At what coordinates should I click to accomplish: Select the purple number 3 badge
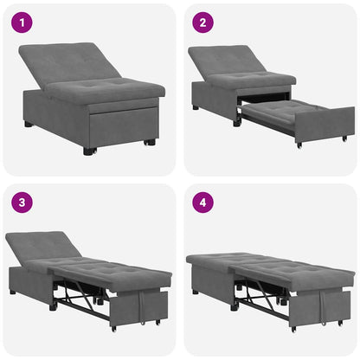click(21, 202)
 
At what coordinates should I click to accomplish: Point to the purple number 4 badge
click(201, 202)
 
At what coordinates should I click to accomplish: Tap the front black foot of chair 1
click(89, 151)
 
